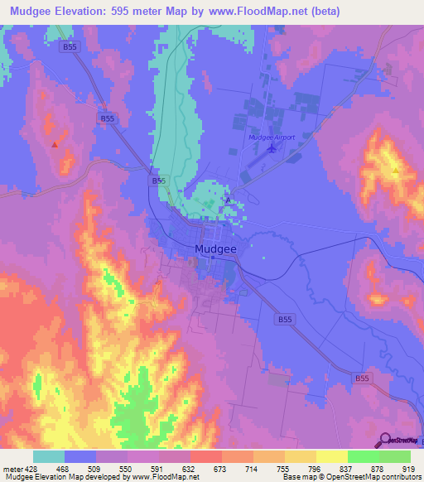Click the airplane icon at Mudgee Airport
(x=273, y=149)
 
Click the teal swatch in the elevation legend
(x=49, y=456)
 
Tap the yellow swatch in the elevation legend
(x=332, y=456)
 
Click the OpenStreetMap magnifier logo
(x=385, y=441)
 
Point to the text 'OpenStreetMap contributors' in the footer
(x=373, y=478)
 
